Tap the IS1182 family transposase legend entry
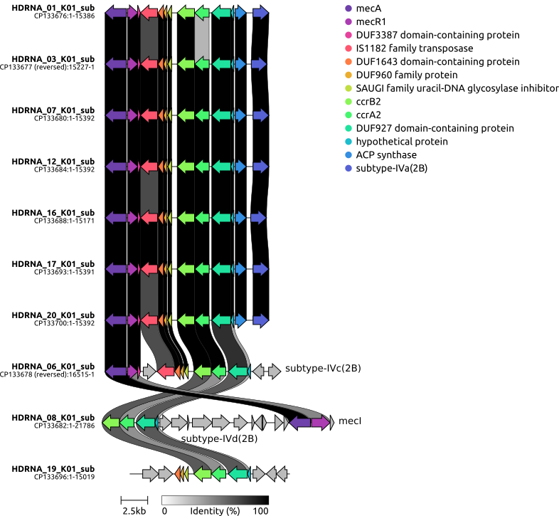409,48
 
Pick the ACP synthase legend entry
380,155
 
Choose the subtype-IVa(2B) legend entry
386,168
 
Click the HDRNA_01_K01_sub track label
53,8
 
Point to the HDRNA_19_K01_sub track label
53,469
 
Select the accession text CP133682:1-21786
65,426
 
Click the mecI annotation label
350,421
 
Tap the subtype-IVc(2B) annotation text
323,368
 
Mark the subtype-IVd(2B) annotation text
219,438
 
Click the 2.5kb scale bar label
134,511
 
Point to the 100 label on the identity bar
260,511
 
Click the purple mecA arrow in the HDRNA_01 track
116,14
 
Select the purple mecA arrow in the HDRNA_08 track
300,423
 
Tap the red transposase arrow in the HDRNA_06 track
166,372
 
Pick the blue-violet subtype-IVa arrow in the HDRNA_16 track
258,218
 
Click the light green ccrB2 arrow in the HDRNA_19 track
203,474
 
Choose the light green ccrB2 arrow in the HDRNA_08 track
110,423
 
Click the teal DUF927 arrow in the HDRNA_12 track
221,167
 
